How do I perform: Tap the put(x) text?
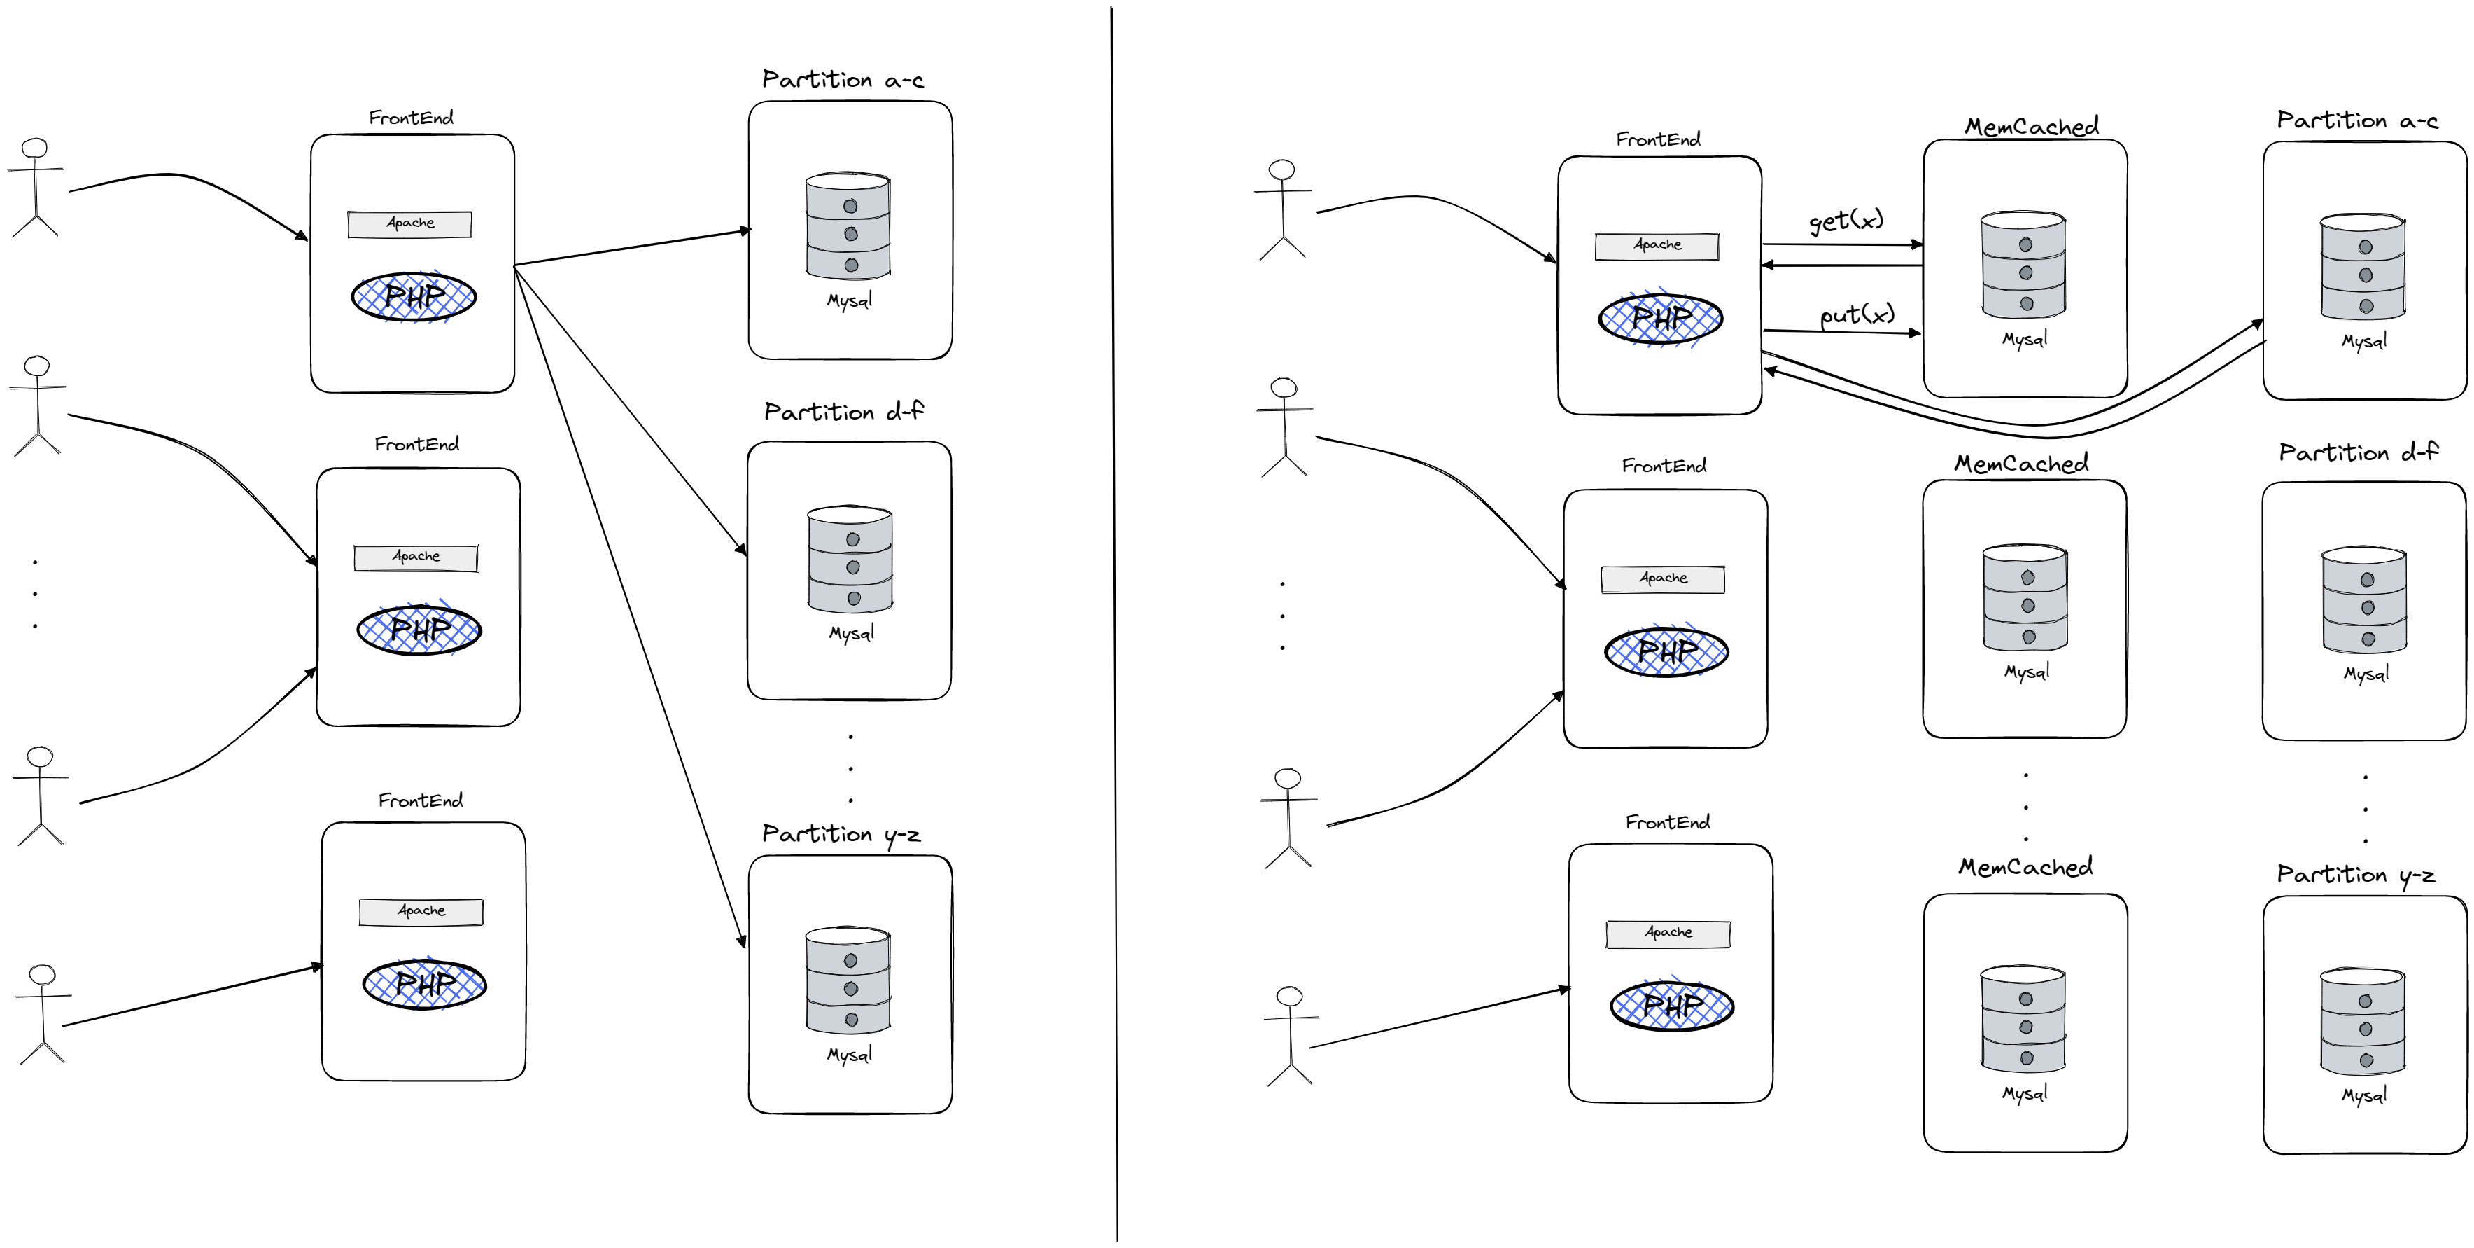pos(1857,314)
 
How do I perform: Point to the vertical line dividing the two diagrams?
pos(1114,625)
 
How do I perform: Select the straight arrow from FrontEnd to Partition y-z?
pos(629,605)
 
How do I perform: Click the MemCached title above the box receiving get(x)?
pos(2031,126)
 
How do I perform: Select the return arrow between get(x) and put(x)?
pos(1842,265)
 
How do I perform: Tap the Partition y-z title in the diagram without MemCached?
pos(841,834)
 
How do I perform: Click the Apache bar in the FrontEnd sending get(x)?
pos(1657,246)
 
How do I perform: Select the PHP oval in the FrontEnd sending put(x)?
pos(1661,318)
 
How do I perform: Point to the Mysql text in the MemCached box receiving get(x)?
pos(2025,339)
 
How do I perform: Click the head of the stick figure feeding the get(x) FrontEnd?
pos(1281,170)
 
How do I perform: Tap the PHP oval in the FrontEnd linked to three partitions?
pos(414,297)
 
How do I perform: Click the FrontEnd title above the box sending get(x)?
pos(1658,139)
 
